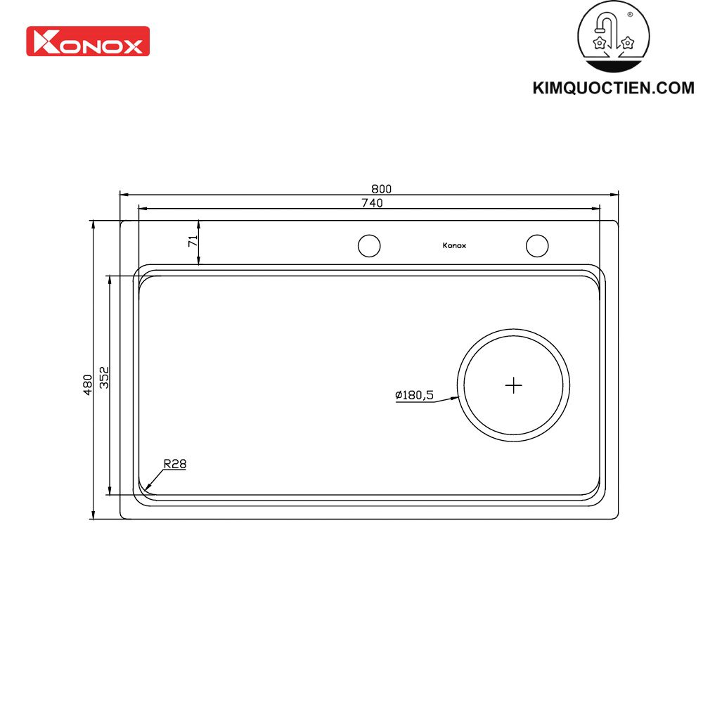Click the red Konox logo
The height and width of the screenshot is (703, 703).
point(88,41)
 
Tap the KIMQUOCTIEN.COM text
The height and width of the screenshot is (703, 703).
point(613,89)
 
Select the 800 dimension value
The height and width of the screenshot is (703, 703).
point(381,188)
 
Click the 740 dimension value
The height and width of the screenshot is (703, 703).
point(372,203)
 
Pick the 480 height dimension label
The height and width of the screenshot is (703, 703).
point(87,384)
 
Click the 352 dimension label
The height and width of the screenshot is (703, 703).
point(104,378)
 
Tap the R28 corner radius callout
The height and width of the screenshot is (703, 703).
point(174,464)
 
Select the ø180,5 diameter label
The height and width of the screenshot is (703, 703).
point(414,396)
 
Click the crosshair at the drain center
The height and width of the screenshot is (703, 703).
point(514,385)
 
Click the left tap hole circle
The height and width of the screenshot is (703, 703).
point(369,245)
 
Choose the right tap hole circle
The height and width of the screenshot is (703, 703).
point(537,245)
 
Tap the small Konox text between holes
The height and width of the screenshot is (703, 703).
point(454,245)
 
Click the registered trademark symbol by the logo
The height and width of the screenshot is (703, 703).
point(629,14)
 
